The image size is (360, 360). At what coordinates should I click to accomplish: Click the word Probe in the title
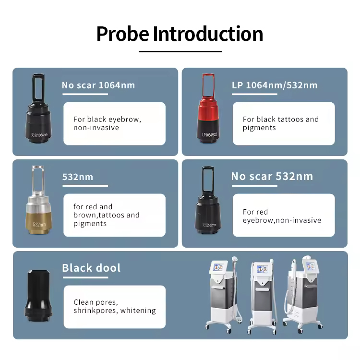point(122,34)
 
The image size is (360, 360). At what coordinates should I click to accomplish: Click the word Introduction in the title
point(208,34)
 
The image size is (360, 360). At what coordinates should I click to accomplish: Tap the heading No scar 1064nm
point(98,85)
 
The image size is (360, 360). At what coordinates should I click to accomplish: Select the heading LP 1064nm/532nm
point(275,85)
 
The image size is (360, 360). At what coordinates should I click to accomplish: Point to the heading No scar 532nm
point(272,176)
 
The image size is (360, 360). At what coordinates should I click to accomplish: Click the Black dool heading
point(91,268)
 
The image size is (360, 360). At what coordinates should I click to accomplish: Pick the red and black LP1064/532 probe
point(208,108)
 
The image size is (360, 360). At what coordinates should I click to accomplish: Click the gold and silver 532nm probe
point(38,200)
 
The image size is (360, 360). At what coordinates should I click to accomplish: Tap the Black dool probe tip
point(38,296)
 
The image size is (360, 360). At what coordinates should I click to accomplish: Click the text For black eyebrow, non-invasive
point(107,123)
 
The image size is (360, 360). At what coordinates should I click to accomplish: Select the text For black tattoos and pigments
point(281,123)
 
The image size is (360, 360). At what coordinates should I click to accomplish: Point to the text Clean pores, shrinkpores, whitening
point(115,306)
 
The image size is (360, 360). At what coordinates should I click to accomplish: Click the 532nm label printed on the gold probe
point(39,224)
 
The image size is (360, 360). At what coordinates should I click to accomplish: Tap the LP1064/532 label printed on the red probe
point(209,134)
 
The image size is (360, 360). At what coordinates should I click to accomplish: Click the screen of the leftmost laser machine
point(218,267)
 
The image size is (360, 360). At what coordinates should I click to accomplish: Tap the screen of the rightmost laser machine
point(311,266)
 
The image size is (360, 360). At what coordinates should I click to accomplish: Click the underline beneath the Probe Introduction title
point(180,51)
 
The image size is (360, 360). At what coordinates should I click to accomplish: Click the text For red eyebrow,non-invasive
point(282,216)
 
